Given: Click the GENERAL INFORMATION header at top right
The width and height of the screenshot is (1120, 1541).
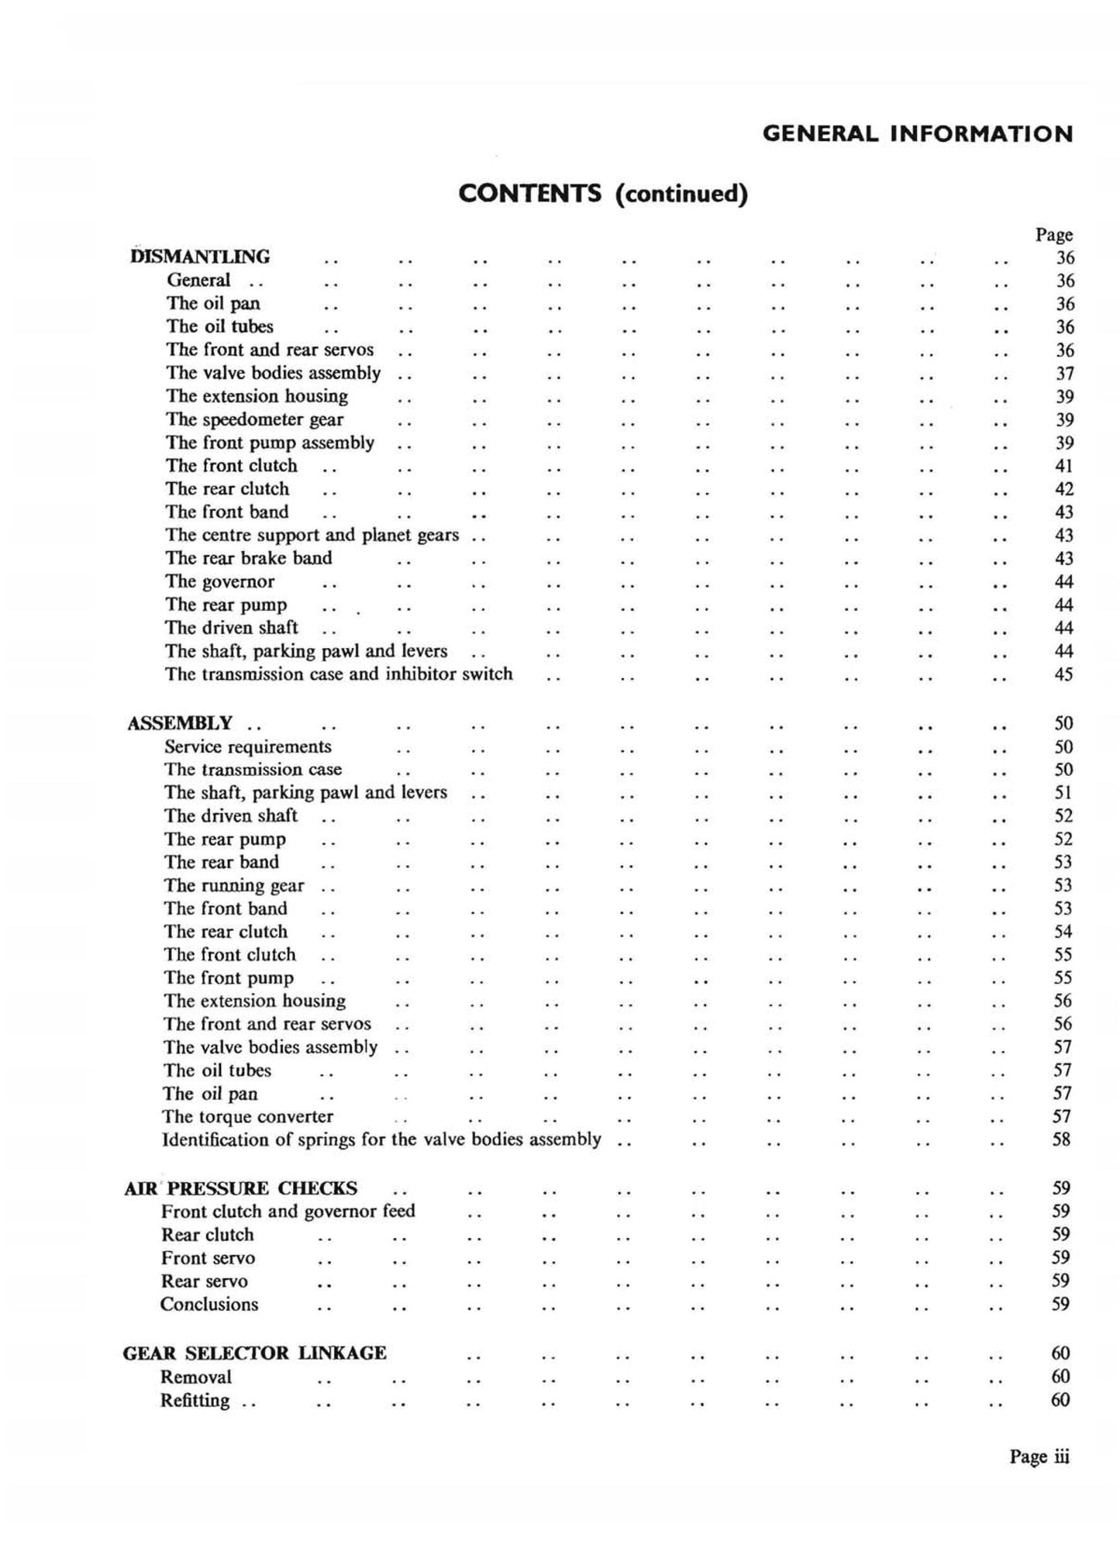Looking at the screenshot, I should [x=917, y=134].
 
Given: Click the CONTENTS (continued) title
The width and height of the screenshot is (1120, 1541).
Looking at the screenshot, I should [x=603, y=193].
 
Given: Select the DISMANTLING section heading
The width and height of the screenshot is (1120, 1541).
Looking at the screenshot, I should [x=201, y=257].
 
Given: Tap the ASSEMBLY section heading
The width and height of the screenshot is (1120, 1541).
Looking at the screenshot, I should [x=180, y=723].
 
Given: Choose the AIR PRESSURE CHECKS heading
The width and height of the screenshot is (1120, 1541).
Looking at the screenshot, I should [x=241, y=1188].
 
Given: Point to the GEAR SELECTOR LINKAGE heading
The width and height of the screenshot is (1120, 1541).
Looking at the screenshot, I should [x=255, y=1353].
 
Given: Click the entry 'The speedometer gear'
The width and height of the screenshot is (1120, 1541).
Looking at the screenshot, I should [x=254, y=419].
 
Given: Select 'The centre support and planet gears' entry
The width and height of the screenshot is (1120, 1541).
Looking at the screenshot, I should [x=312, y=535].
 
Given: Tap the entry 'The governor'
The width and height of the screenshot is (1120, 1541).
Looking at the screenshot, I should [x=219, y=581].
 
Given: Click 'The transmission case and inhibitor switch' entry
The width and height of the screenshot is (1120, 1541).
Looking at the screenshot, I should [x=339, y=674].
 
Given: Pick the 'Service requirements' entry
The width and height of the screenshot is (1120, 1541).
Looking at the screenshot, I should [x=247, y=746].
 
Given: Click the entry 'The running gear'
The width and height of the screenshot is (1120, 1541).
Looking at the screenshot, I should [x=234, y=885].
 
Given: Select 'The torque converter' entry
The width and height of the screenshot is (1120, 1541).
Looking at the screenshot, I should [x=247, y=1116].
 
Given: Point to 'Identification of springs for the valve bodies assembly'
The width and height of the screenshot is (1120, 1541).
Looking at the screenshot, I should [x=381, y=1139].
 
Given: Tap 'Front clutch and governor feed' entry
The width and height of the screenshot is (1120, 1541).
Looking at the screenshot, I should [x=288, y=1211].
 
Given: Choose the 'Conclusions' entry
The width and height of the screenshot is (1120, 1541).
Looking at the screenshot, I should [x=209, y=1304].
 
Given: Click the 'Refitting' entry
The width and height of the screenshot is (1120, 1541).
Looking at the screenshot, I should [x=195, y=1400].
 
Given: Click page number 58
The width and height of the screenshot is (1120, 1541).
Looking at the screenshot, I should [x=1062, y=1139].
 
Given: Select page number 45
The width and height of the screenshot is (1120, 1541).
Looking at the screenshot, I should [x=1063, y=674].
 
